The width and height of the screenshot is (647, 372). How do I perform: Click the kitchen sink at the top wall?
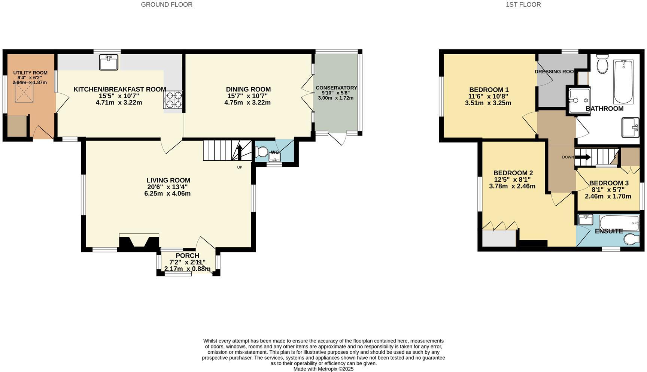click(109, 62)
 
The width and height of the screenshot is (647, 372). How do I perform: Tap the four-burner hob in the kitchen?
click(173, 100)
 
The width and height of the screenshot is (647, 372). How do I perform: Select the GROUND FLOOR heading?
click(167, 5)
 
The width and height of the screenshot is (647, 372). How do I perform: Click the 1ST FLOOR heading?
click(523, 5)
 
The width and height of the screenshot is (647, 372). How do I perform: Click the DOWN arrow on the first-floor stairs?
click(582, 157)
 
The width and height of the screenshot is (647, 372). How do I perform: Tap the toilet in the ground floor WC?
click(262, 152)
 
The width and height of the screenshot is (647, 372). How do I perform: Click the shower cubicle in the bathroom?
click(578, 100)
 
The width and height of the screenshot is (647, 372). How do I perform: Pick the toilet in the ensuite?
click(632, 239)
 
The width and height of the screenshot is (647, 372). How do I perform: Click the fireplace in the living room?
click(139, 242)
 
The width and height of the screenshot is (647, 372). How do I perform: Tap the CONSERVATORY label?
click(336, 88)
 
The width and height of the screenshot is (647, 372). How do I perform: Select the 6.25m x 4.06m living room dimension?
click(167, 194)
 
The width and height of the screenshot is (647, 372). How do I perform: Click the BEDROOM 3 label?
click(609, 183)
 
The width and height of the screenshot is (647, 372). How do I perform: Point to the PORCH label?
click(187, 256)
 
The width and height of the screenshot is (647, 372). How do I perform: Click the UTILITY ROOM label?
click(30, 73)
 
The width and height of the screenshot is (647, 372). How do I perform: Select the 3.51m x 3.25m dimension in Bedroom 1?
click(488, 103)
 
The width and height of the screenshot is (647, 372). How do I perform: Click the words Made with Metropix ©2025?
click(323, 369)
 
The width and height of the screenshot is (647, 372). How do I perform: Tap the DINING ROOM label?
click(248, 89)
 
